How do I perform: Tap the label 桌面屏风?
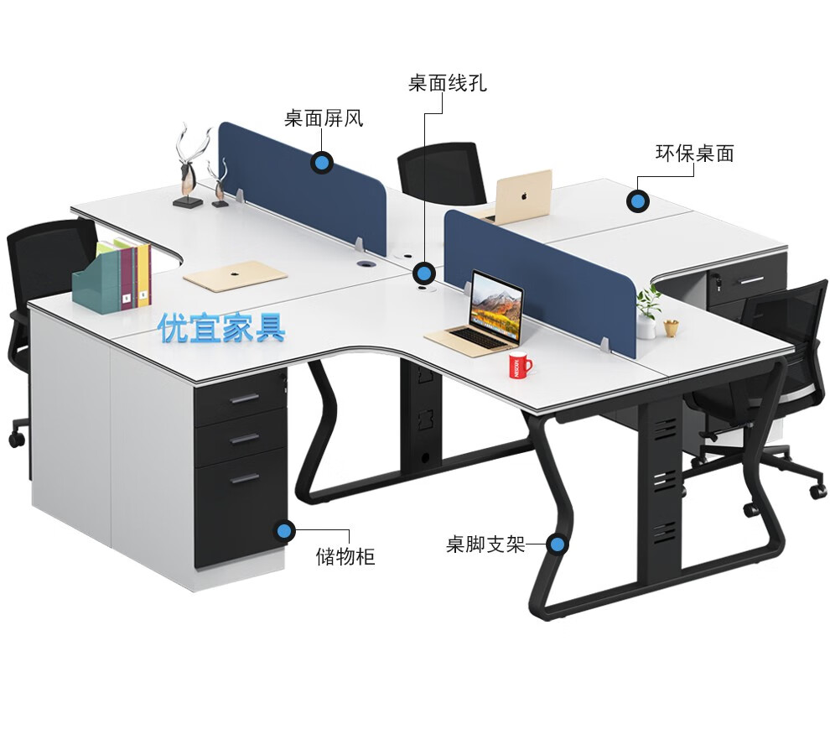[323, 118]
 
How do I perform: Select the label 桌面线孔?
[447, 83]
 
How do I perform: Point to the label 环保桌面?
[694, 154]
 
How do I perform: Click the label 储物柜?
[345, 555]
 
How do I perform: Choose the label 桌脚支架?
[485, 544]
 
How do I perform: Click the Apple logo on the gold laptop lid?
[523, 195]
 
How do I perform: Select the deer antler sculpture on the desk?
[191, 164]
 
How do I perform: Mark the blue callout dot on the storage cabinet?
[285, 529]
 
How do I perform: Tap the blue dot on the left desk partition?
[321, 162]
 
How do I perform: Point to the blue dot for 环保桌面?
[638, 201]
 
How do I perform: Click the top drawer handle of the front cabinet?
[244, 399]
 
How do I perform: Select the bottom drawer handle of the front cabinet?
[245, 479]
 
